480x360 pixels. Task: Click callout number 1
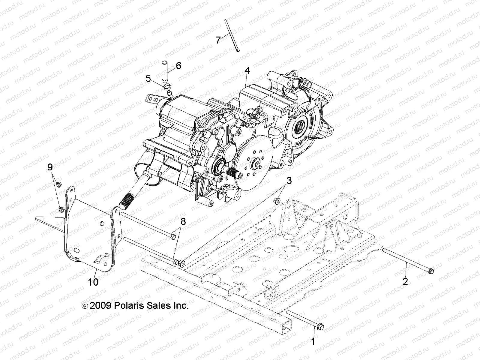point(313,341)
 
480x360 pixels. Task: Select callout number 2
point(405,281)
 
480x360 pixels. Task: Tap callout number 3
point(289,181)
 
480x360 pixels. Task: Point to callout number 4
point(255,71)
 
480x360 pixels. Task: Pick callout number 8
point(191,222)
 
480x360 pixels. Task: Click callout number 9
point(50,167)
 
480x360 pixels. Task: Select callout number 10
point(93,282)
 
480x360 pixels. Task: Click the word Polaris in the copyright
point(129,306)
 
